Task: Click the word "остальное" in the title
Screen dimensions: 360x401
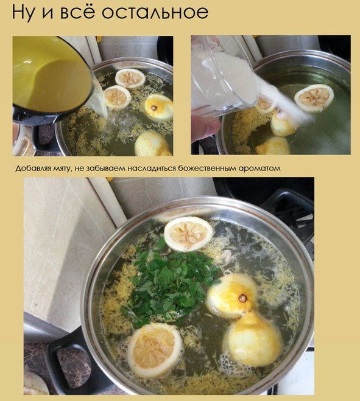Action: [155, 12]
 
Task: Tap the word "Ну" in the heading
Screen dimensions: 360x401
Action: [23, 12]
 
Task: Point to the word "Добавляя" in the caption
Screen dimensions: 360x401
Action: [30, 169]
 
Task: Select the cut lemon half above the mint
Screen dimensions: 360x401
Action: [188, 233]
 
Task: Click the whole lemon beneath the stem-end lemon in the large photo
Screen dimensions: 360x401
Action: [253, 339]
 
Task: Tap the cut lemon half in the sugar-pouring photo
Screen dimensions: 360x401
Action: [314, 98]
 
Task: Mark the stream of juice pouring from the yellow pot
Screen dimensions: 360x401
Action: [101, 100]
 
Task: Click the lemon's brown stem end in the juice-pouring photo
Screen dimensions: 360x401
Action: [154, 108]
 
